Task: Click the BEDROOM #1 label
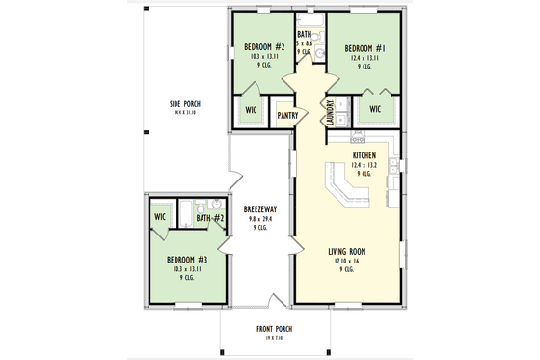(367, 47)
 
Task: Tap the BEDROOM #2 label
(263, 47)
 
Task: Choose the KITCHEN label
(364, 155)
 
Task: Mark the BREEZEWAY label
(260, 208)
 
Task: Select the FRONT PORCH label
(275, 329)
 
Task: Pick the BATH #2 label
(209, 218)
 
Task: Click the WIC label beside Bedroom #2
(251, 110)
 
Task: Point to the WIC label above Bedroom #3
(160, 217)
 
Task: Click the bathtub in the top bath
(312, 21)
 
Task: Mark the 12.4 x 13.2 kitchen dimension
(364, 165)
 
